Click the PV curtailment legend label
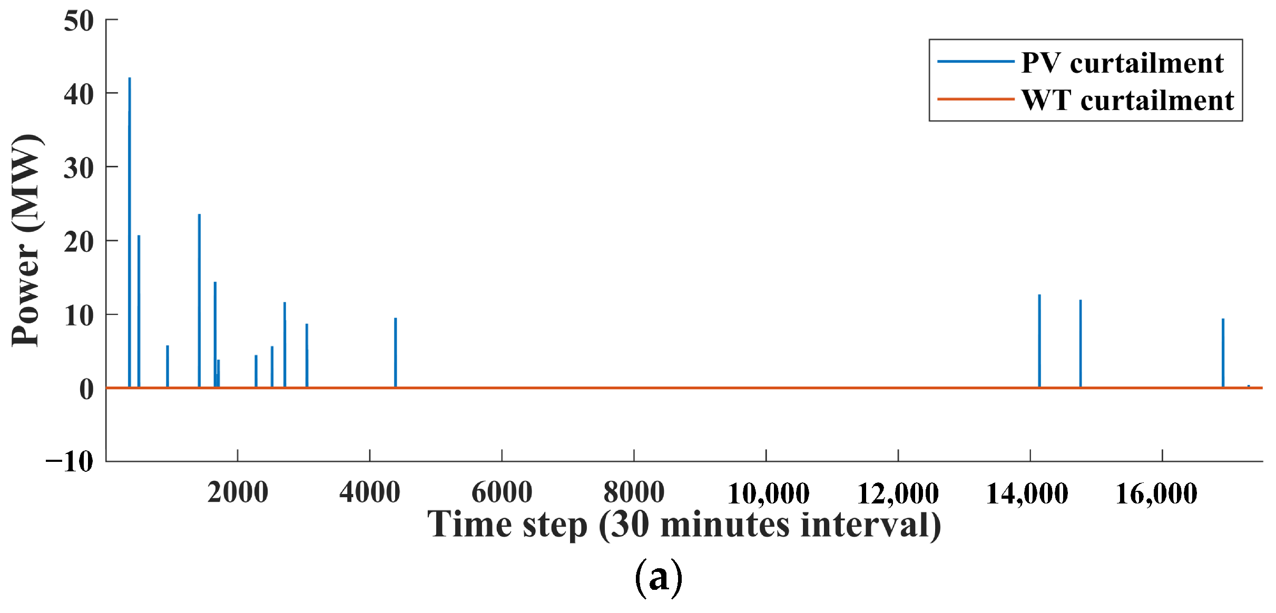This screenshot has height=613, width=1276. point(1122,63)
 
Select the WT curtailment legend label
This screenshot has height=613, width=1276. point(1127,100)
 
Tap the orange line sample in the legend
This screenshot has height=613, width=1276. point(976,99)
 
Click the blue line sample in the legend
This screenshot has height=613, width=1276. point(976,62)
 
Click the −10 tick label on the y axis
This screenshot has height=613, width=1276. point(70,461)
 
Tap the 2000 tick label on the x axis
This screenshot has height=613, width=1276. point(238,492)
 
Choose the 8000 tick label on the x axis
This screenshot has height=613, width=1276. point(634,492)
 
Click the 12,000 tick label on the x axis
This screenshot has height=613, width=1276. point(898,493)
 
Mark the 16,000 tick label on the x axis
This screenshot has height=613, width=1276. point(1156,493)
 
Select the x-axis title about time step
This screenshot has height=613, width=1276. point(684,525)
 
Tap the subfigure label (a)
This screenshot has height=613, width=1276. point(659,577)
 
